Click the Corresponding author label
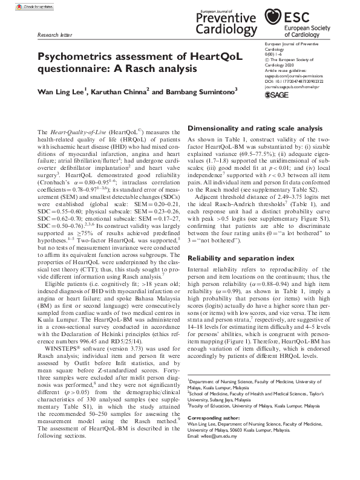point(212,418)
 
